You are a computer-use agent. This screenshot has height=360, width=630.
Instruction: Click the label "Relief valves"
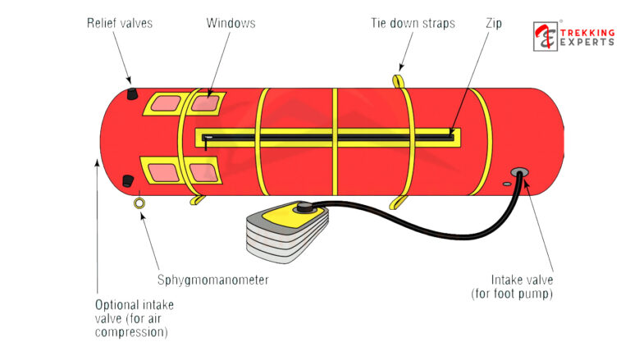pyautogui.click(x=119, y=23)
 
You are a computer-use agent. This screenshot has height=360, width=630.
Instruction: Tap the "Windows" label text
pyautogui.click(x=231, y=23)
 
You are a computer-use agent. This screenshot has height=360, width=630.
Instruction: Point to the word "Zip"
pyautogui.click(x=495, y=23)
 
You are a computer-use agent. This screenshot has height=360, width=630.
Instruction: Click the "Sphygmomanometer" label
pyautogui.click(x=212, y=280)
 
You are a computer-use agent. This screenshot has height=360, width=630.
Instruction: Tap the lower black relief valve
pyautogui.click(x=128, y=180)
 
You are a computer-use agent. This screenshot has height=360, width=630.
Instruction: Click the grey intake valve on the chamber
pyautogui.click(x=518, y=173)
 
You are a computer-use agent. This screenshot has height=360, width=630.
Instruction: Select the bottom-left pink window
pyautogui.click(x=162, y=171)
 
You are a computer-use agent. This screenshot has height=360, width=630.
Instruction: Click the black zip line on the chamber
pyautogui.click(x=328, y=134)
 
